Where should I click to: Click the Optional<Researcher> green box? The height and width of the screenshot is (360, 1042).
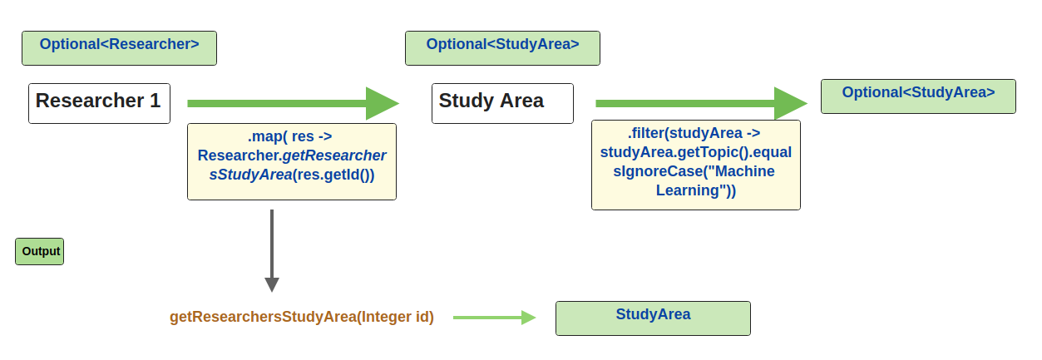119,48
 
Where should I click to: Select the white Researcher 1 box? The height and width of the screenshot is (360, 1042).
99,103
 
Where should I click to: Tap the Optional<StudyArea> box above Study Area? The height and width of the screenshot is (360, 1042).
502,48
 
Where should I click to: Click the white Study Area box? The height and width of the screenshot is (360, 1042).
502,103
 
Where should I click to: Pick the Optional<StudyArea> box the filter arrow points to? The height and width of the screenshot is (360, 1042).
918,96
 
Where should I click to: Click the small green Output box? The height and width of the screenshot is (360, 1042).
40,252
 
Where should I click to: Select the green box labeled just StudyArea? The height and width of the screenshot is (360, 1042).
653,318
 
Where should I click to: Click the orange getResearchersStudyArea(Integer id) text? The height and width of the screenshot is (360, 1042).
302,317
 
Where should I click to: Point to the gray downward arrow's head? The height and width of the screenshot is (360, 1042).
272,284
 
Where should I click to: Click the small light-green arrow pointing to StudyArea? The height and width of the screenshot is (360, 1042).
494,317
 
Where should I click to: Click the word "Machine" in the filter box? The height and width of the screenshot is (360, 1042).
744,171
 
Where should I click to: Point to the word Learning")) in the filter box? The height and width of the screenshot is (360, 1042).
696,190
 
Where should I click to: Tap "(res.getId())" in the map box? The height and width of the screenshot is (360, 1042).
334,175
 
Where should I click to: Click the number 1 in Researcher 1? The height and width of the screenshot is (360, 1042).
155,101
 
